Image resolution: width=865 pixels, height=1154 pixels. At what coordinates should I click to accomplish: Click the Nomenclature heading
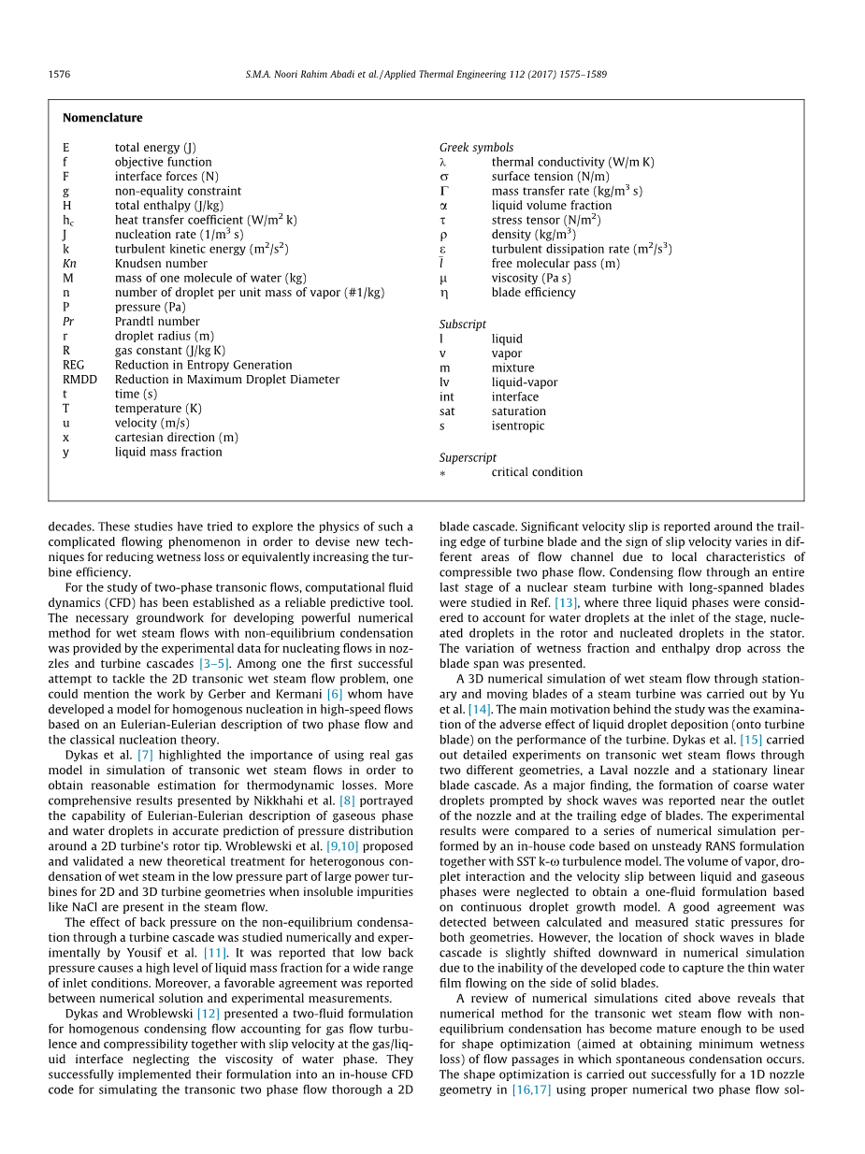[x=102, y=118]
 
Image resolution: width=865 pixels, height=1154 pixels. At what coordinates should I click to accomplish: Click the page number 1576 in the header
[x=59, y=75]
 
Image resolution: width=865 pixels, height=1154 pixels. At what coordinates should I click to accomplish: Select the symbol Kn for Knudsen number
[x=69, y=264]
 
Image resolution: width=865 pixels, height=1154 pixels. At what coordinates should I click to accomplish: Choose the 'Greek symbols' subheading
[x=476, y=148]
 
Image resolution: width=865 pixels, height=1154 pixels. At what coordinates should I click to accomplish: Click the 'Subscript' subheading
[x=463, y=325]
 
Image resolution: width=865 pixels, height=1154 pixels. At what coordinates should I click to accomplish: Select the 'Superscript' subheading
[x=468, y=458]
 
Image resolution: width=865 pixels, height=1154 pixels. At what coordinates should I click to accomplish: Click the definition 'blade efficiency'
[x=533, y=293]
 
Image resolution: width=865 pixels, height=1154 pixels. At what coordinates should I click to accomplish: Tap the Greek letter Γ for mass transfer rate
[x=444, y=191]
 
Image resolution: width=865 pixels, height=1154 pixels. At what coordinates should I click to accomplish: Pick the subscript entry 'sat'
[x=447, y=411]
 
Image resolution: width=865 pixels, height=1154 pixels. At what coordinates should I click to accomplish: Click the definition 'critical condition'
[x=537, y=472]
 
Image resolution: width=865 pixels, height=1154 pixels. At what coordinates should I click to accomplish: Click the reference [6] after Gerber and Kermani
[x=335, y=694]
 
